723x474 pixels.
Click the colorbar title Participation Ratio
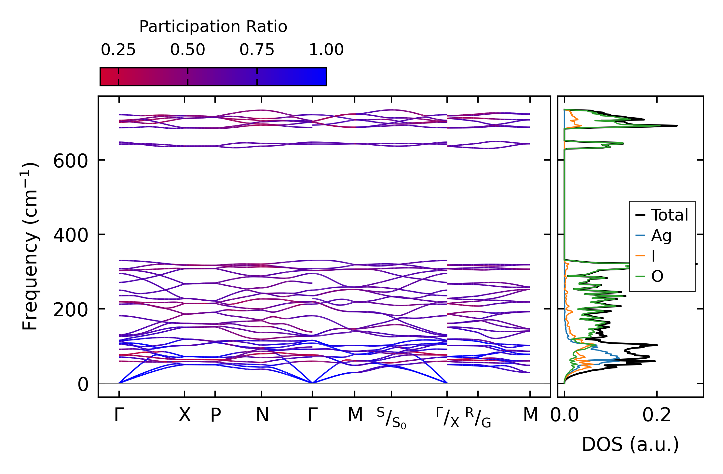pyautogui.click(x=213, y=27)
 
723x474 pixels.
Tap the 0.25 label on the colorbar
pyautogui.click(x=118, y=50)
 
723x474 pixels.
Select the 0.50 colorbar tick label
pyautogui.click(x=187, y=50)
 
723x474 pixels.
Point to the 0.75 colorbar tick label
pyautogui.click(x=257, y=50)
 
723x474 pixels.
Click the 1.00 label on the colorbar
pyautogui.click(x=326, y=50)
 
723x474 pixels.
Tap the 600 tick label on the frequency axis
pyautogui.click(x=71, y=161)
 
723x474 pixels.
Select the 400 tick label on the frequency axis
pyautogui.click(x=71, y=235)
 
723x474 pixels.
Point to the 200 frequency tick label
pyautogui.click(x=71, y=310)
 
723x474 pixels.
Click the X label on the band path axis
pyautogui.click(x=184, y=415)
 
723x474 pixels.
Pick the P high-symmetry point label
pyautogui.click(x=215, y=415)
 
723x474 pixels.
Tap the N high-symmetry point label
pyautogui.click(x=262, y=415)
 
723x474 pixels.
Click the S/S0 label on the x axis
pyautogui.click(x=391, y=418)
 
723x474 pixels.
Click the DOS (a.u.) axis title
pyautogui.click(x=630, y=444)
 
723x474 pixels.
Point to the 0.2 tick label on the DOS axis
pyautogui.click(x=657, y=415)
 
